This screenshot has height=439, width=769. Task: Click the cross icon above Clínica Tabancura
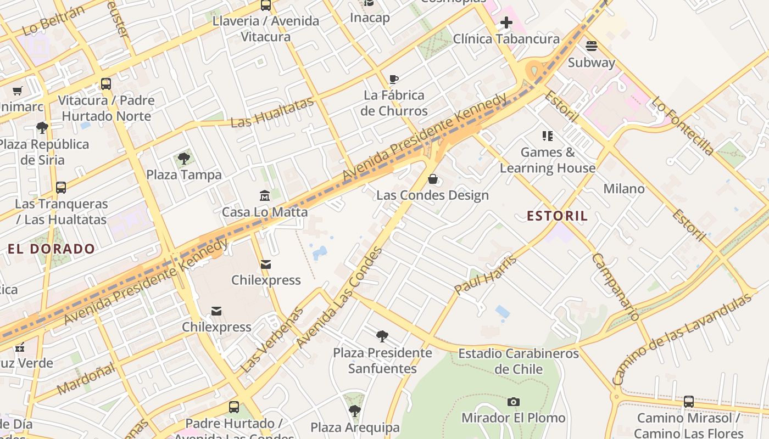506,22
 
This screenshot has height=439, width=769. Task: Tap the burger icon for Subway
591,46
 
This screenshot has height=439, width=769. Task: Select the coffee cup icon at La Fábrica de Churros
394,79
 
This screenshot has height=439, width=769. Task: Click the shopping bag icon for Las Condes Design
433,179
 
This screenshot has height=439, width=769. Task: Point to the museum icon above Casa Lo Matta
265,195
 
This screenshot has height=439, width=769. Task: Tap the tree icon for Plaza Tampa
184,159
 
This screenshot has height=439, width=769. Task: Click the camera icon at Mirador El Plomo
513,402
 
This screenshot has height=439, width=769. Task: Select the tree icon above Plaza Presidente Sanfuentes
382,336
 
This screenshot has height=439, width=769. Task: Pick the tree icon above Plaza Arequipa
355,410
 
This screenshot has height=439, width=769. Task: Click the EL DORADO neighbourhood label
52,249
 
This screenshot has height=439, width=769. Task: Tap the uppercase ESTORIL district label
557,216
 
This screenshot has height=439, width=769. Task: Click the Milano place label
624,189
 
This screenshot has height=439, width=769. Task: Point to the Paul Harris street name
486,274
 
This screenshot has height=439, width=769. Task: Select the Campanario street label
616,286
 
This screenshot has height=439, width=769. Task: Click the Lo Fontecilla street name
683,126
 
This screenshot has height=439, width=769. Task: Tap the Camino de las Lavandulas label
681,339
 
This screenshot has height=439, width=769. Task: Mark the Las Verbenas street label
272,340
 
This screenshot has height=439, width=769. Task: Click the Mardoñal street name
86,378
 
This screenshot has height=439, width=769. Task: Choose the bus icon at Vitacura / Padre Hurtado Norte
106,84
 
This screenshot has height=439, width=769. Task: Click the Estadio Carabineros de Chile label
519,361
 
